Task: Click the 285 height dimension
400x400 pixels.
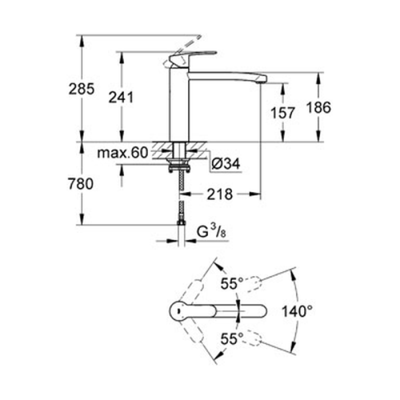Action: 81,89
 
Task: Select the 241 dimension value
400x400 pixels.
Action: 121,97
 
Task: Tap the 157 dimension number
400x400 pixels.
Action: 282,113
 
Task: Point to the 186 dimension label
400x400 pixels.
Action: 318,107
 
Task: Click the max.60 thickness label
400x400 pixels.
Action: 122,153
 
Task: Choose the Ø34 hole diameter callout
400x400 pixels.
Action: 226,163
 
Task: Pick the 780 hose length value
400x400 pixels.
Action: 80,183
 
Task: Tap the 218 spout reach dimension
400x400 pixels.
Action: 219,194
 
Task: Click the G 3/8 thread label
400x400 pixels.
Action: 211,232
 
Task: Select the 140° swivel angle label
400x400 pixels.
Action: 297,311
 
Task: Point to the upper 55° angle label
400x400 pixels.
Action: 232,283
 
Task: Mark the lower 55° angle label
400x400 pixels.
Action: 232,339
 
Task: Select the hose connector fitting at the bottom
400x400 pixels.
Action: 181,222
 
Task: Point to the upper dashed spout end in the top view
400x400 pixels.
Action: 253,284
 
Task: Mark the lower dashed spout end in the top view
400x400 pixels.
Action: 253,338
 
